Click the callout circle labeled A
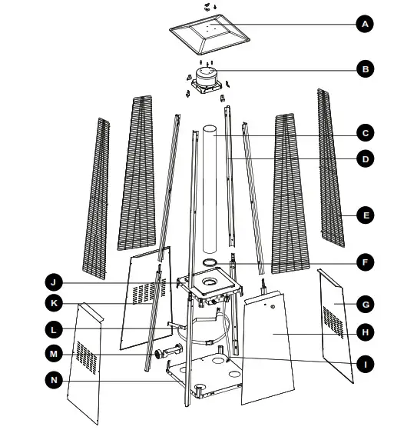[365, 25]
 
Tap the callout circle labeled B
[365, 69]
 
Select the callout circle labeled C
[365, 132]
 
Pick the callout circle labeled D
[365, 159]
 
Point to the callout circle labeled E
[365, 215]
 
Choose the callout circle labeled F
[365, 263]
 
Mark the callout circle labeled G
[365, 305]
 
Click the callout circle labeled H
[365, 332]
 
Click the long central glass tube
[210, 192]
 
